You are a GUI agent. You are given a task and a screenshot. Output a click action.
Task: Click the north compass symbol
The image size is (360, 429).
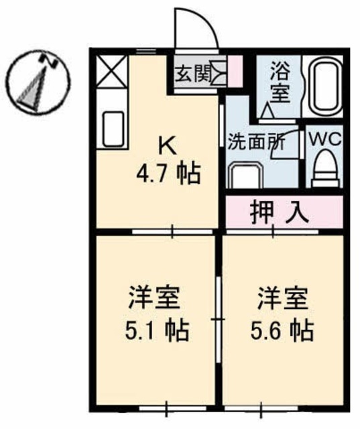(x=34, y=80)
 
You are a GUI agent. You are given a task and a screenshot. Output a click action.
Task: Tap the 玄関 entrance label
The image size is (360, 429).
(x=192, y=72)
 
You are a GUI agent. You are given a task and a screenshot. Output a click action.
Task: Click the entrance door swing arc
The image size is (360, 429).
(x=198, y=28)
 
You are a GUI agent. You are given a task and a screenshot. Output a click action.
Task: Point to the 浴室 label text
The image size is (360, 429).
(x=280, y=80)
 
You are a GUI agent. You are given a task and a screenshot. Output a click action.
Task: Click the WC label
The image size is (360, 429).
(x=324, y=140)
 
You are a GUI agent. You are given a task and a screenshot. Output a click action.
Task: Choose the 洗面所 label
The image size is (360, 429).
(x=256, y=142)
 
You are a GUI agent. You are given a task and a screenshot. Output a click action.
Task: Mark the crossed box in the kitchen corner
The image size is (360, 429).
(x=112, y=72)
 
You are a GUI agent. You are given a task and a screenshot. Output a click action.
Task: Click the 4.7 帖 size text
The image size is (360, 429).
(x=168, y=176)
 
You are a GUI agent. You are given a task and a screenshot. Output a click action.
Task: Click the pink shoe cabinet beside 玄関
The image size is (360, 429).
(x=235, y=70)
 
